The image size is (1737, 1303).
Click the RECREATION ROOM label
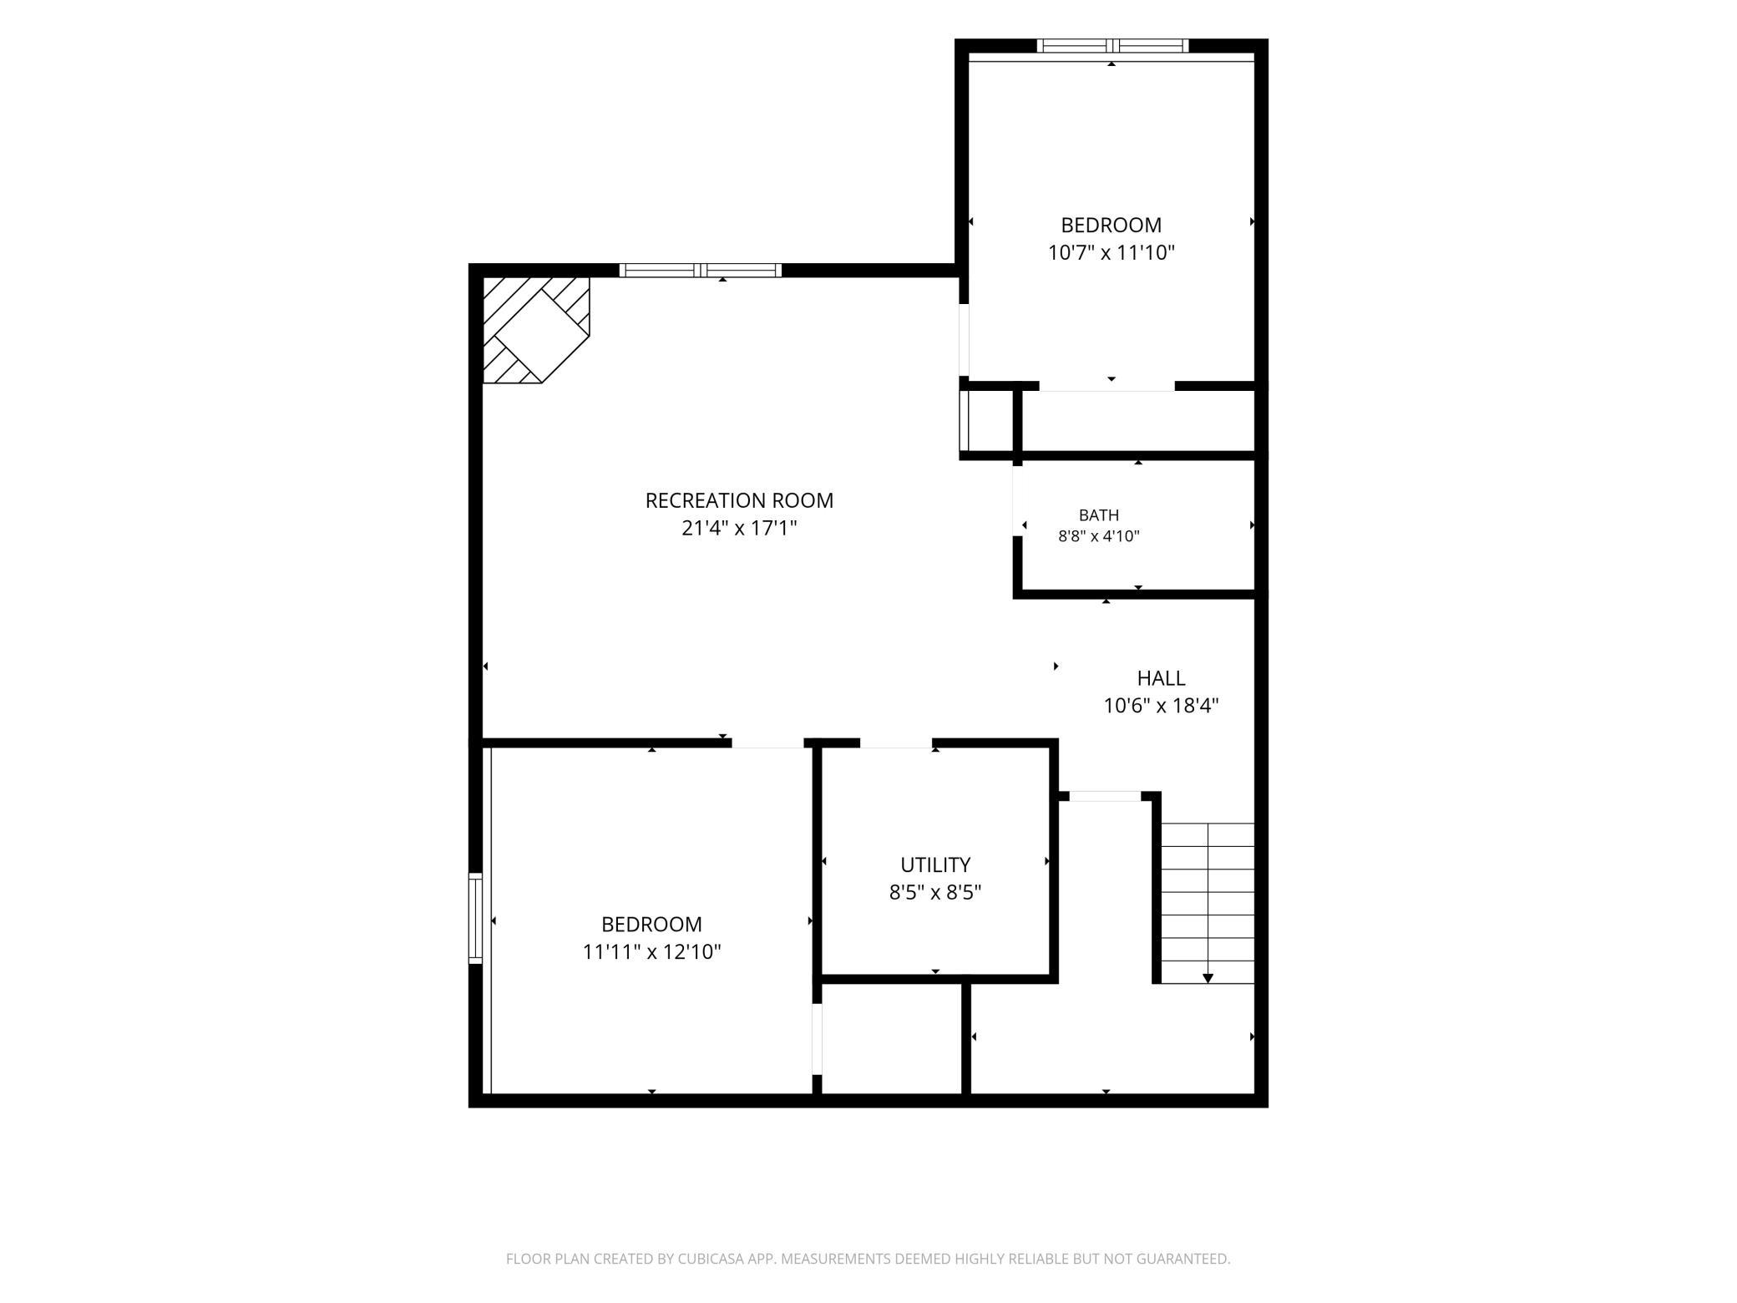click(x=739, y=500)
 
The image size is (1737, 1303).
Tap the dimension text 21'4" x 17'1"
click(x=739, y=528)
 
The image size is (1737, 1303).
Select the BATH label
click(x=1099, y=515)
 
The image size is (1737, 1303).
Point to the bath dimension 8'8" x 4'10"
click(x=1099, y=536)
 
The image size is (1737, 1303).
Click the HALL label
click(x=1161, y=678)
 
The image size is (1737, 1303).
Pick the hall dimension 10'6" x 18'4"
click(x=1161, y=706)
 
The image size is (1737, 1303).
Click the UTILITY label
click(x=935, y=864)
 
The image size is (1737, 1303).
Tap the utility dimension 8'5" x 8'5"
click(x=935, y=892)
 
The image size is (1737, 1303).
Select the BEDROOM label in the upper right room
click(x=1111, y=225)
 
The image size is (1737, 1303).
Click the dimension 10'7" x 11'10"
click(x=1111, y=252)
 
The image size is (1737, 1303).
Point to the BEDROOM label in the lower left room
click(x=651, y=924)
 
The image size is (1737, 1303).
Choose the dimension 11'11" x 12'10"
click(x=651, y=951)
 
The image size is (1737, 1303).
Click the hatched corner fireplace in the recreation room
click(x=536, y=330)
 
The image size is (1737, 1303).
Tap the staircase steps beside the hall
click(x=1208, y=903)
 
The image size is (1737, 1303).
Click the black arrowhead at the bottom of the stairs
click(x=1208, y=978)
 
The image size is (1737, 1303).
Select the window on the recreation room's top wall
click(x=701, y=270)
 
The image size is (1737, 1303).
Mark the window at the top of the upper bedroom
click(x=1112, y=46)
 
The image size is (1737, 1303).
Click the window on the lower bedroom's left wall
click(x=475, y=918)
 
